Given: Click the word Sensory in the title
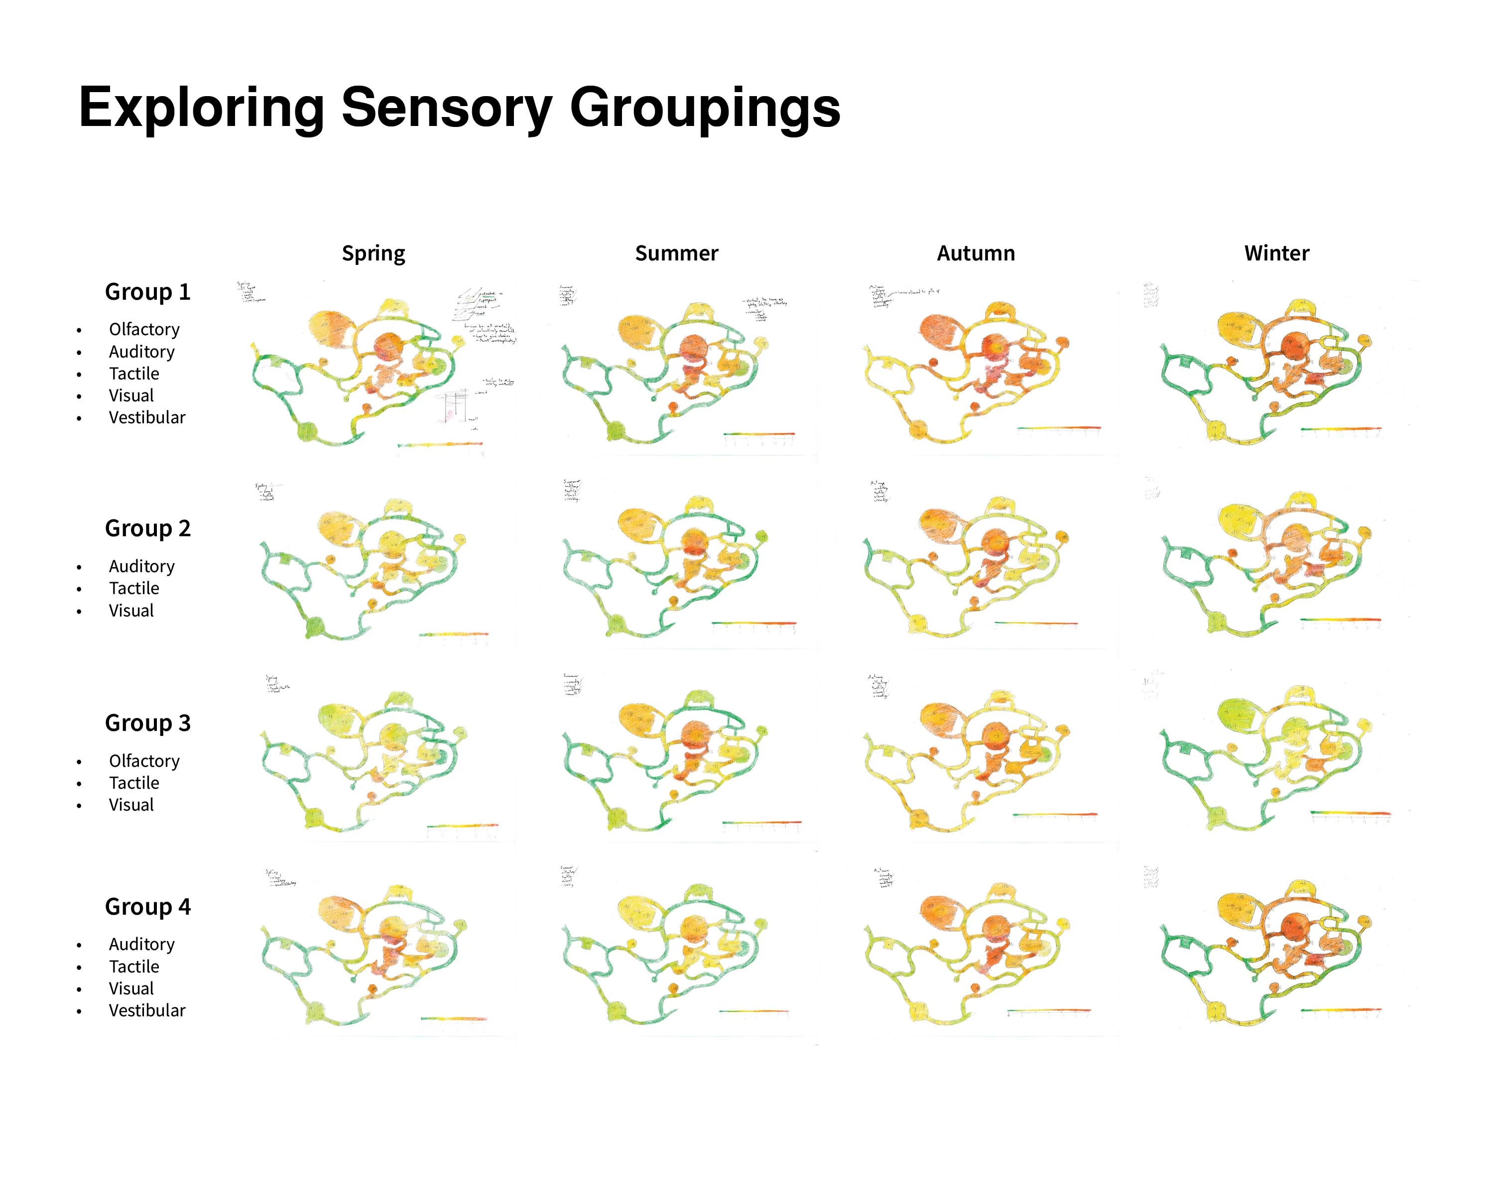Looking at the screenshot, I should coord(446,108).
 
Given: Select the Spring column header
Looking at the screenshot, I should coord(373,253).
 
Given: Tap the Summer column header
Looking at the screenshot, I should coord(676,253).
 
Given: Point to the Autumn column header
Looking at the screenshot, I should coord(976,253).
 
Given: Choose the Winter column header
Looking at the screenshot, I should coord(1276,253).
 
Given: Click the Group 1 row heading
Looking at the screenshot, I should coord(147,292).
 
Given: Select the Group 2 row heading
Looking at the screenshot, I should coord(147,529).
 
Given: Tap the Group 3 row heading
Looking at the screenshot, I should coord(147,723).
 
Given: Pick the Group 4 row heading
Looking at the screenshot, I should coord(147,907).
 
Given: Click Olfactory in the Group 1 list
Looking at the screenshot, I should coord(144,329).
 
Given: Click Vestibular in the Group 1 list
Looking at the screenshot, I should coord(147,418).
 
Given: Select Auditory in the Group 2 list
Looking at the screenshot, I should coord(141,567).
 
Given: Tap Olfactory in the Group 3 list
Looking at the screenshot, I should coord(144,761).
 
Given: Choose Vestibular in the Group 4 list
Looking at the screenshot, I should coord(147,1011).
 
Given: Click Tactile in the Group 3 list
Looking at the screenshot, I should coord(134,784).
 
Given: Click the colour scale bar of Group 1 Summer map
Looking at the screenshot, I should coord(759,434).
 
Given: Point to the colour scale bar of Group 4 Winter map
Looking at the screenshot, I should coord(1341,1010).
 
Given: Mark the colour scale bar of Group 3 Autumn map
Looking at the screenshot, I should coord(1055,815).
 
